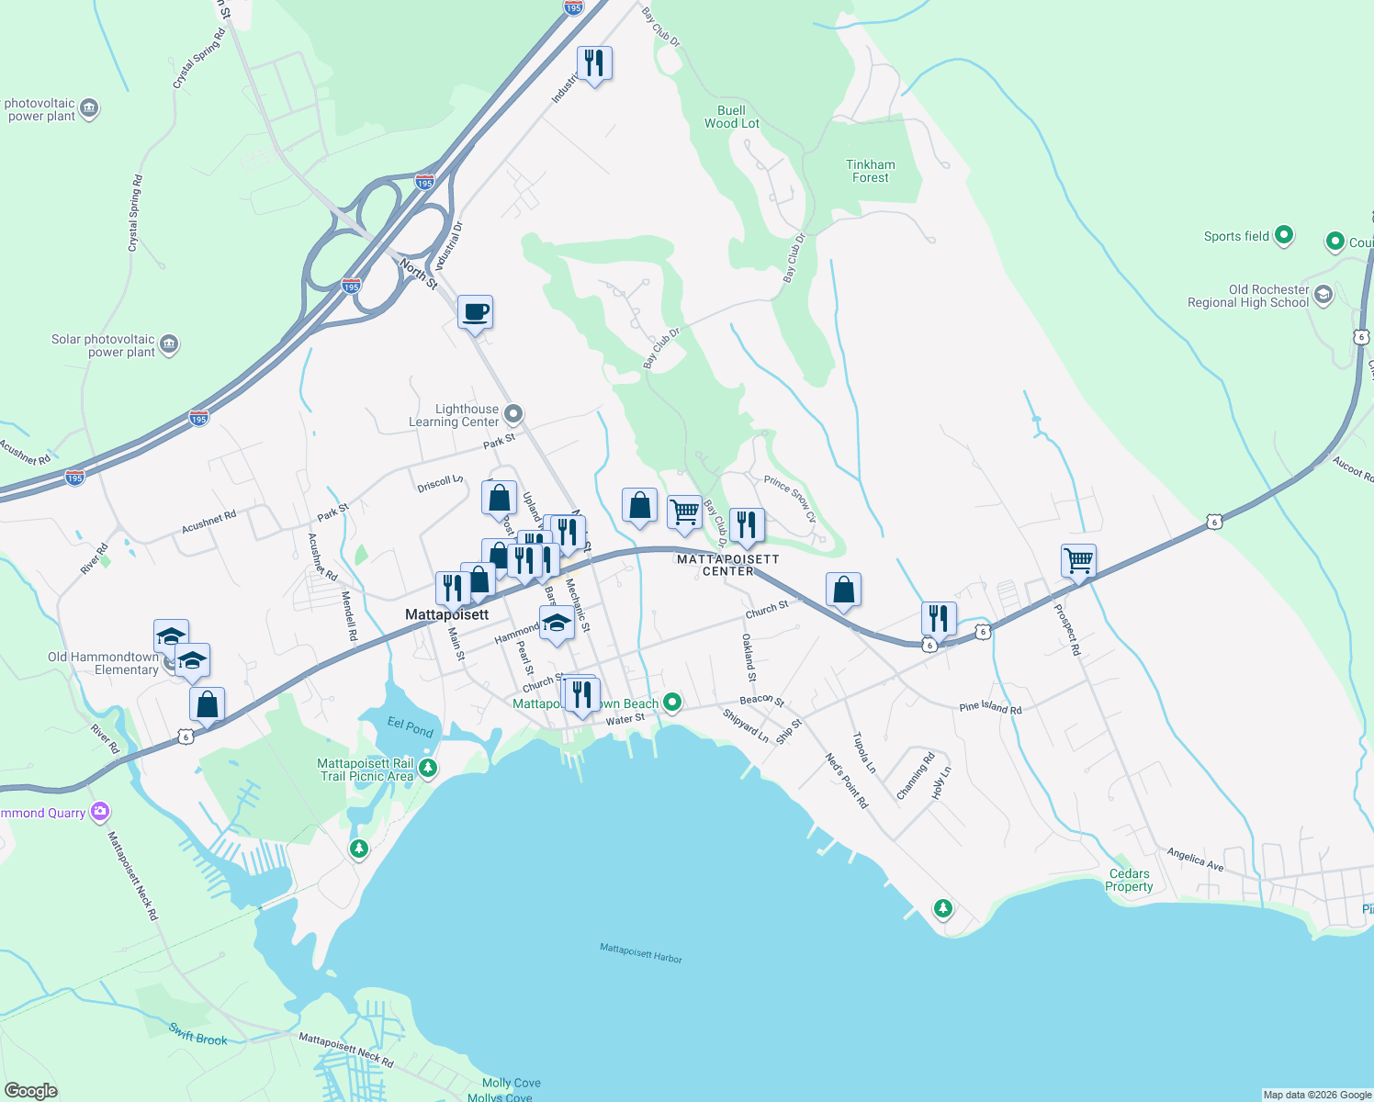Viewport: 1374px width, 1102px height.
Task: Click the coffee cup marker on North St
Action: (475, 312)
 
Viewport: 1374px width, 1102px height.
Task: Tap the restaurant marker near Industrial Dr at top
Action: (594, 63)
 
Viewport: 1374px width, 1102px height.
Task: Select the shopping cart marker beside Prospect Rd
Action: (1078, 560)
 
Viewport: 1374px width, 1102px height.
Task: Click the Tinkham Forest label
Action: (870, 171)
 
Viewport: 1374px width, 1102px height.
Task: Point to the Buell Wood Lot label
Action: (731, 117)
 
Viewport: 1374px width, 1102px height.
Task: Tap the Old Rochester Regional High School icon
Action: (1323, 295)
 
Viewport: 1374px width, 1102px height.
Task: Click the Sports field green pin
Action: (1284, 235)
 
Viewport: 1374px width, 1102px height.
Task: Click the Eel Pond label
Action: (410, 727)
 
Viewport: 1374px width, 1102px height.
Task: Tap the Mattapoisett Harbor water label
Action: (640, 952)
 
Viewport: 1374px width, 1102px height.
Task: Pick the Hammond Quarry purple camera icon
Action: (100, 812)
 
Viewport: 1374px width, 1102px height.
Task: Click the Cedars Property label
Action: (1129, 880)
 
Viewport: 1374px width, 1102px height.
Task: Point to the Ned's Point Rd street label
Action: (846, 781)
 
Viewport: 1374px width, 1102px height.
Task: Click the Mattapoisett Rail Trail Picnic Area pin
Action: (427, 768)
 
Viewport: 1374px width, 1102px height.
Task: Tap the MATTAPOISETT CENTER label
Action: (727, 565)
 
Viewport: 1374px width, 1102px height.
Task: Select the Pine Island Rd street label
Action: (990, 708)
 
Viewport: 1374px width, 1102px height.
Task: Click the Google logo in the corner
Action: (30, 1090)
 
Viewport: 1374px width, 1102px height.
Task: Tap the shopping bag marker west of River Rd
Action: (207, 705)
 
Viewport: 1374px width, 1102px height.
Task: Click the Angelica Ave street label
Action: (1195, 859)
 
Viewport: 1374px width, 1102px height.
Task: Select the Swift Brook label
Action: (197, 1033)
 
